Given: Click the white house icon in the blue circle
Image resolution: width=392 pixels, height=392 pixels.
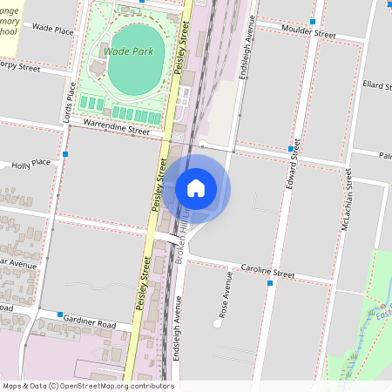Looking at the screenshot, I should (x=196, y=187).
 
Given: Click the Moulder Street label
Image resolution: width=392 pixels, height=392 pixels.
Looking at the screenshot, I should (x=308, y=34).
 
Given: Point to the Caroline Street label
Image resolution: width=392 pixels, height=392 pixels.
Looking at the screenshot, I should (x=268, y=273).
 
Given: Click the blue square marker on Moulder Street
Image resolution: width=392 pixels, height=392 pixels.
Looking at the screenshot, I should (x=312, y=21).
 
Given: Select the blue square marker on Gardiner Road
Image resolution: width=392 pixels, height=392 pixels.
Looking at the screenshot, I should (x=59, y=314).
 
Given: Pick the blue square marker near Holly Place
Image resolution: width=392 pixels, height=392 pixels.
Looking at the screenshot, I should (x=66, y=154).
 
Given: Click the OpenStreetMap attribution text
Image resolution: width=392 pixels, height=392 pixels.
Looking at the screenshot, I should (x=87, y=386).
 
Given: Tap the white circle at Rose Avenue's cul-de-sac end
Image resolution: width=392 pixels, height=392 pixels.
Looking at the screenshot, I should (x=215, y=324).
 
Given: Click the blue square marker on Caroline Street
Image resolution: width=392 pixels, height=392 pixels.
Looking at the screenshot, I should (x=269, y=284).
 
